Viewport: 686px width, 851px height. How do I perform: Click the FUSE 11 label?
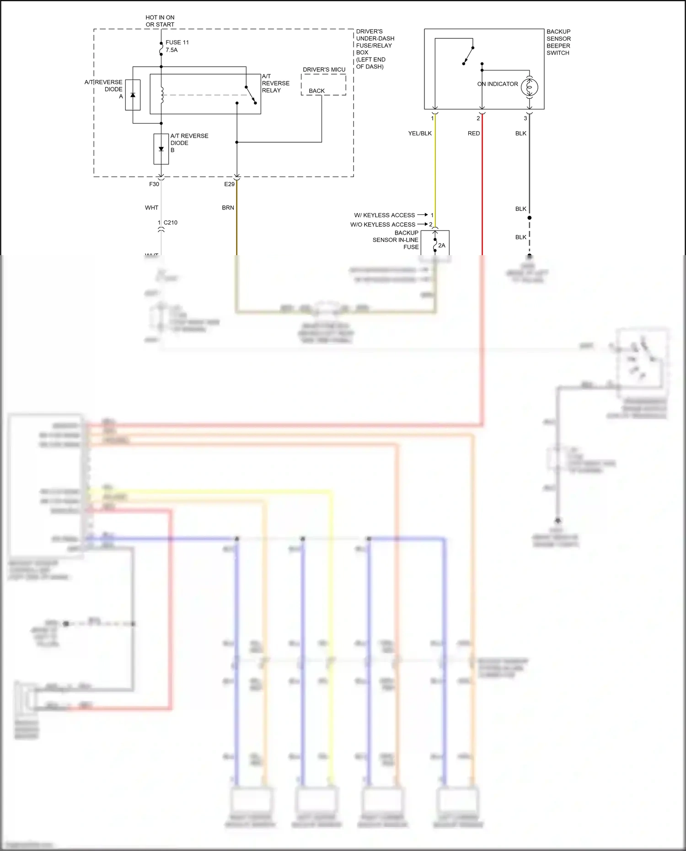[177, 43]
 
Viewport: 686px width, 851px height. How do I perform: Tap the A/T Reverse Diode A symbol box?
[133, 95]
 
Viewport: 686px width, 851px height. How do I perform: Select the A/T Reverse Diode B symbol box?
[161, 149]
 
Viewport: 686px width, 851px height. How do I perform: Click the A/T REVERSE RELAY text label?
[275, 83]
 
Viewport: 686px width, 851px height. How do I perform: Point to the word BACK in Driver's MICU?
[316, 91]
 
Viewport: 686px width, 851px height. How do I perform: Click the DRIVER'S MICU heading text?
[324, 70]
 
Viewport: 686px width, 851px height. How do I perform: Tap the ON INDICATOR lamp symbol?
[529, 87]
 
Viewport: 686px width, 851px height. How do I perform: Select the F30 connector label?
[154, 184]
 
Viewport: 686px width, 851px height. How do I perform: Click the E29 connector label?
[229, 184]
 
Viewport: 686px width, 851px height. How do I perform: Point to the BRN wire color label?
[228, 208]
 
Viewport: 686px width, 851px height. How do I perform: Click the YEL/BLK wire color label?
[420, 134]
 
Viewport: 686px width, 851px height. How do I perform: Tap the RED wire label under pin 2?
[474, 134]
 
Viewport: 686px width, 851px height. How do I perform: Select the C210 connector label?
[170, 223]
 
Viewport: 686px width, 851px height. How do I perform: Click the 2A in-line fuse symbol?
[435, 245]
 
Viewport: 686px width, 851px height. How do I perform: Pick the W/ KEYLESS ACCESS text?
[384, 215]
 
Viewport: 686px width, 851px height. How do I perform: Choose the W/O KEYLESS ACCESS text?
[382, 225]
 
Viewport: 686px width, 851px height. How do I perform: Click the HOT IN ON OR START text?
[160, 21]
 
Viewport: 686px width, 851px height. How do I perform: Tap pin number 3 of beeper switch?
[525, 118]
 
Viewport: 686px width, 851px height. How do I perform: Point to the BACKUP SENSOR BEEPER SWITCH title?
[558, 42]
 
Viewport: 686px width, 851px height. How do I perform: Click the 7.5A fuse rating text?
[171, 50]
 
